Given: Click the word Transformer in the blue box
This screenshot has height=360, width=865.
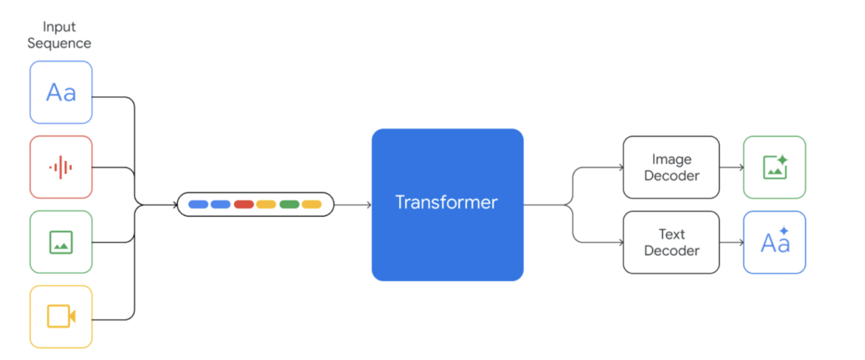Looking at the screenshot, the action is tap(447, 202).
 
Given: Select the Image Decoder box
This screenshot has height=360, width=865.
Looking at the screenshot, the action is tap(671, 167).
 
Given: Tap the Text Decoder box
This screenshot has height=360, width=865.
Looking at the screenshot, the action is tap(671, 242).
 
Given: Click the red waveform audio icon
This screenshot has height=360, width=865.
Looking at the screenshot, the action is tap(61, 167).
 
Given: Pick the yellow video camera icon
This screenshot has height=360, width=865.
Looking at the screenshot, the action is tap(61, 317).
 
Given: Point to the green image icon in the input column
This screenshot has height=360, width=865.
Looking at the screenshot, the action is tap(61, 242).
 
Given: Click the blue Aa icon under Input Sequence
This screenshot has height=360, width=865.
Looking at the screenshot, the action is tap(61, 92).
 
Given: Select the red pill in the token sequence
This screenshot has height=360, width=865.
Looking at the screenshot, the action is tap(244, 205).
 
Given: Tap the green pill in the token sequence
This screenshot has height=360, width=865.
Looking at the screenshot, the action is tap(289, 205).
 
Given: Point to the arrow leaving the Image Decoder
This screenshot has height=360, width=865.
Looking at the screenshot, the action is tap(732, 167).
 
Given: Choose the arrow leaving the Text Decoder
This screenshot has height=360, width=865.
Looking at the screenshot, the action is tap(732, 242).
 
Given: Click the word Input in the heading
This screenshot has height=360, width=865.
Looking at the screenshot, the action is tap(59, 26).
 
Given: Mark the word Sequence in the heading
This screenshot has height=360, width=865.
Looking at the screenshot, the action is tap(59, 43).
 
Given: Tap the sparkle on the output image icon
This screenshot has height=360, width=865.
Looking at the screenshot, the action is tap(782, 159).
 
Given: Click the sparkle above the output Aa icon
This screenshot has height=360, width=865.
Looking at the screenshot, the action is tap(784, 231).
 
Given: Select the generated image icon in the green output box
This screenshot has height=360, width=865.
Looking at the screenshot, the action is tap(775, 167).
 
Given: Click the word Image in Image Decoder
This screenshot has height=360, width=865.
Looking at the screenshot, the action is tap(672, 159).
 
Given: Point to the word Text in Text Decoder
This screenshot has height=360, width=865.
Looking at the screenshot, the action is tap(672, 234).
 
